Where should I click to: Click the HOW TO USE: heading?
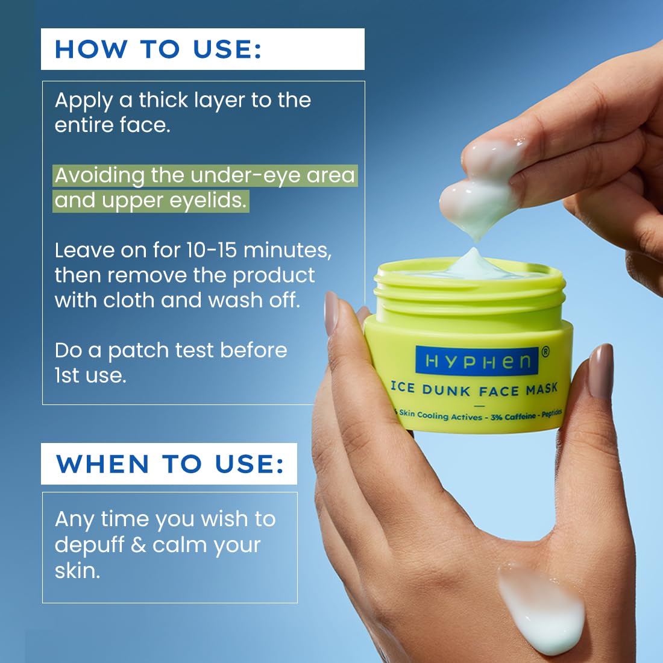[159, 49]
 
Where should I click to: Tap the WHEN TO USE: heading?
[170, 464]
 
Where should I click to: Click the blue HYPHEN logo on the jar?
[478, 361]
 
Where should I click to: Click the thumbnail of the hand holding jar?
[600, 370]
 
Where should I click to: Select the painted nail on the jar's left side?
[331, 313]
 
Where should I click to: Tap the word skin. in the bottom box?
[77, 571]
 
